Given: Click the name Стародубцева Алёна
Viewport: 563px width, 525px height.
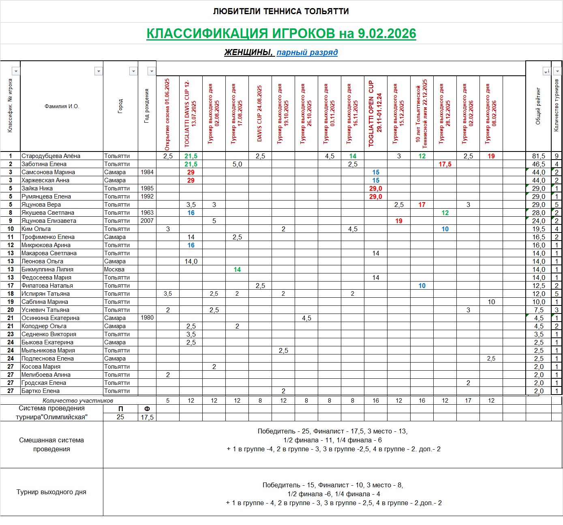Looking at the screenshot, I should (51, 156).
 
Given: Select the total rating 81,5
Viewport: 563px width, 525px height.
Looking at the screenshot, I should (538, 156).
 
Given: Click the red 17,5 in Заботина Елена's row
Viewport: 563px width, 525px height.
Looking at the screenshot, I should (445, 164).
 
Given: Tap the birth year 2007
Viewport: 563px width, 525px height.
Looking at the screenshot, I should (147, 221).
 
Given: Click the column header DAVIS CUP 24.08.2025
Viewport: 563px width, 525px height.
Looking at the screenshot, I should (260, 113).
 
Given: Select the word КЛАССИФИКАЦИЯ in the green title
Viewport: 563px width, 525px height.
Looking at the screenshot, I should (207, 33).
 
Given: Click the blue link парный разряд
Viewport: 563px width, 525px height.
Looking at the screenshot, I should (307, 52).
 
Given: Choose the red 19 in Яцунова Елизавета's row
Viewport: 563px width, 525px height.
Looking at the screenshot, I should (399, 221).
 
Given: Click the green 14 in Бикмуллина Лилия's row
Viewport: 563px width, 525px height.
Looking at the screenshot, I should (237, 269).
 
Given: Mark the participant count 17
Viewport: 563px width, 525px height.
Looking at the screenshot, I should (468, 401).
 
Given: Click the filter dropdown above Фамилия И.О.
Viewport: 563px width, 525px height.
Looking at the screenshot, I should (98, 71).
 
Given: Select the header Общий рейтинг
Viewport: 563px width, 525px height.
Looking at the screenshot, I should (538, 106).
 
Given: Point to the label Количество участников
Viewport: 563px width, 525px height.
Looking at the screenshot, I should (78, 401).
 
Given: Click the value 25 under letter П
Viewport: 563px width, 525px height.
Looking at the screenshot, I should (120, 417).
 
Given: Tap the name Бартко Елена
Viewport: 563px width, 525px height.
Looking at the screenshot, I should (41, 391).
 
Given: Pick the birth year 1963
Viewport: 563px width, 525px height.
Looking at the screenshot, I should (147, 213).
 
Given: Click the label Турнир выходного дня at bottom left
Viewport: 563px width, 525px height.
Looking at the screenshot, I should (51, 492).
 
